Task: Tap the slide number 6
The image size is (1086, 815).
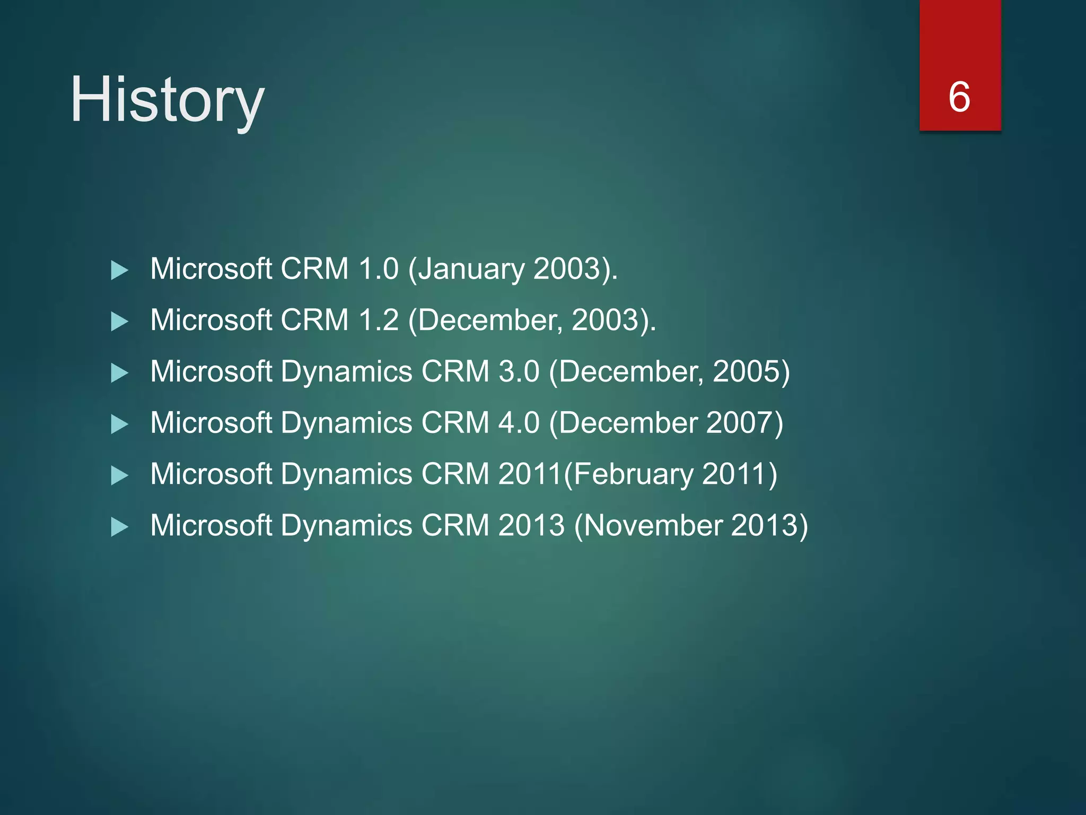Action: [x=959, y=97]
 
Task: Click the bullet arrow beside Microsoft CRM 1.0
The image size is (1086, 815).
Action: [x=120, y=271]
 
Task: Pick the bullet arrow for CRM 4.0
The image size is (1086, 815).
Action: [x=120, y=424]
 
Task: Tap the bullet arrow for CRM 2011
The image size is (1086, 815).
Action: [x=120, y=476]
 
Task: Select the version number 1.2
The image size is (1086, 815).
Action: [x=378, y=320]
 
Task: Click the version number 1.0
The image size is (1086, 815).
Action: [x=378, y=269]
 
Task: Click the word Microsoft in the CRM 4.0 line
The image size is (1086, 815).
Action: [x=211, y=423]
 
